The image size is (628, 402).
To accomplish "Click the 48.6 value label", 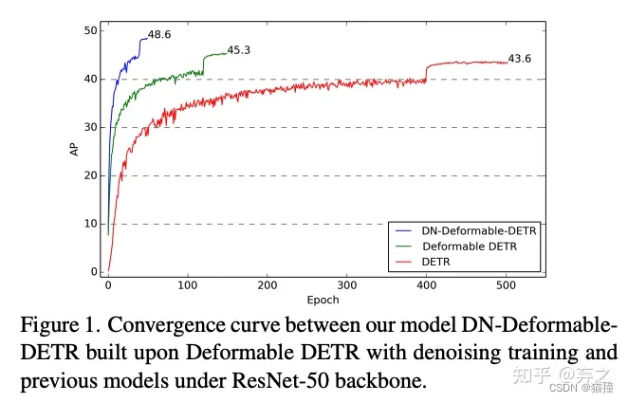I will (158, 35).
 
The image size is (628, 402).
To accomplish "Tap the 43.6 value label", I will (519, 59).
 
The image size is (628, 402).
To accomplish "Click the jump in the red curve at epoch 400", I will (426, 73).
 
